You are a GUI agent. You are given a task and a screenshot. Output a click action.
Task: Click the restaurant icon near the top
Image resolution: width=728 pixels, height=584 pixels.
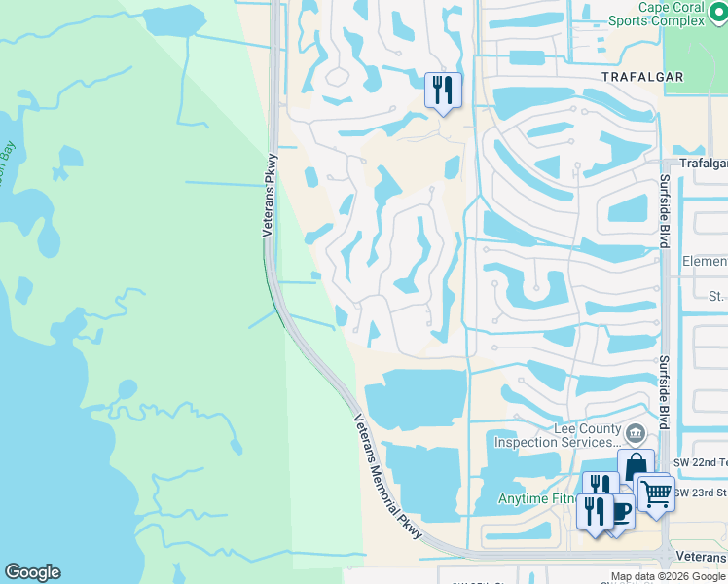point(443,91)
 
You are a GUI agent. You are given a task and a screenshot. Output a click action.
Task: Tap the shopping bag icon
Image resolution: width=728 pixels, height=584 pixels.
point(636,466)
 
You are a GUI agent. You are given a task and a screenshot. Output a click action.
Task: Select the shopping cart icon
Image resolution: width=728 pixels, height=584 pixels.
point(655,494)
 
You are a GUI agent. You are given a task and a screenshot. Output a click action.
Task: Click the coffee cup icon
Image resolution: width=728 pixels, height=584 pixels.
point(619,509)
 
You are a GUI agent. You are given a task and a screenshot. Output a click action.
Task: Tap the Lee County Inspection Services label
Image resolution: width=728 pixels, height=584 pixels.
point(557,436)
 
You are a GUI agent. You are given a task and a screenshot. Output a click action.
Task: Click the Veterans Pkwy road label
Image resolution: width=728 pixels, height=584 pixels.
point(270,195)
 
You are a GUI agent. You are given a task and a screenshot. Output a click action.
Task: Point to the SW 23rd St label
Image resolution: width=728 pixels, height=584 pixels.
point(700,492)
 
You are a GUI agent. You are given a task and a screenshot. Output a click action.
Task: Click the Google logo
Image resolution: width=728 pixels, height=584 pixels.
point(31,572)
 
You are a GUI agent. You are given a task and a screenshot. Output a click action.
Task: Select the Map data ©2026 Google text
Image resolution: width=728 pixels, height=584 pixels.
point(668,576)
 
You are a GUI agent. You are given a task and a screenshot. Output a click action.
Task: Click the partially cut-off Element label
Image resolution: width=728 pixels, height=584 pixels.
point(705,262)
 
